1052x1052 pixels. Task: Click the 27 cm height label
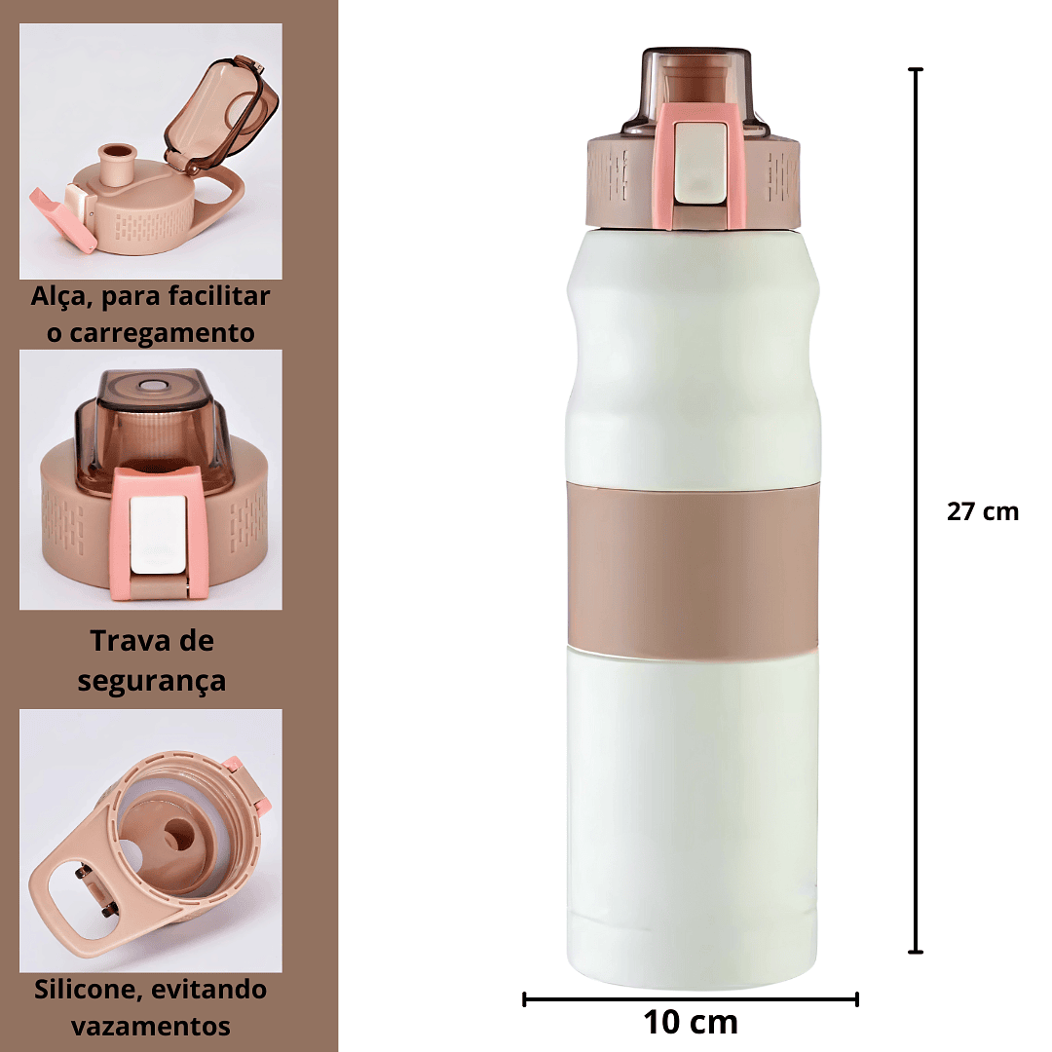click(982, 512)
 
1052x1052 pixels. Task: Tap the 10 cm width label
click(691, 1023)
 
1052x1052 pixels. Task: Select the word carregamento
click(162, 333)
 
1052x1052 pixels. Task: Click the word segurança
click(152, 680)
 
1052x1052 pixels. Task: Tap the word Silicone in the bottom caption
click(87, 990)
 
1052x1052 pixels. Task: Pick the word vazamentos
click(151, 1027)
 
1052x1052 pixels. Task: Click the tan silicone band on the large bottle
click(694, 570)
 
